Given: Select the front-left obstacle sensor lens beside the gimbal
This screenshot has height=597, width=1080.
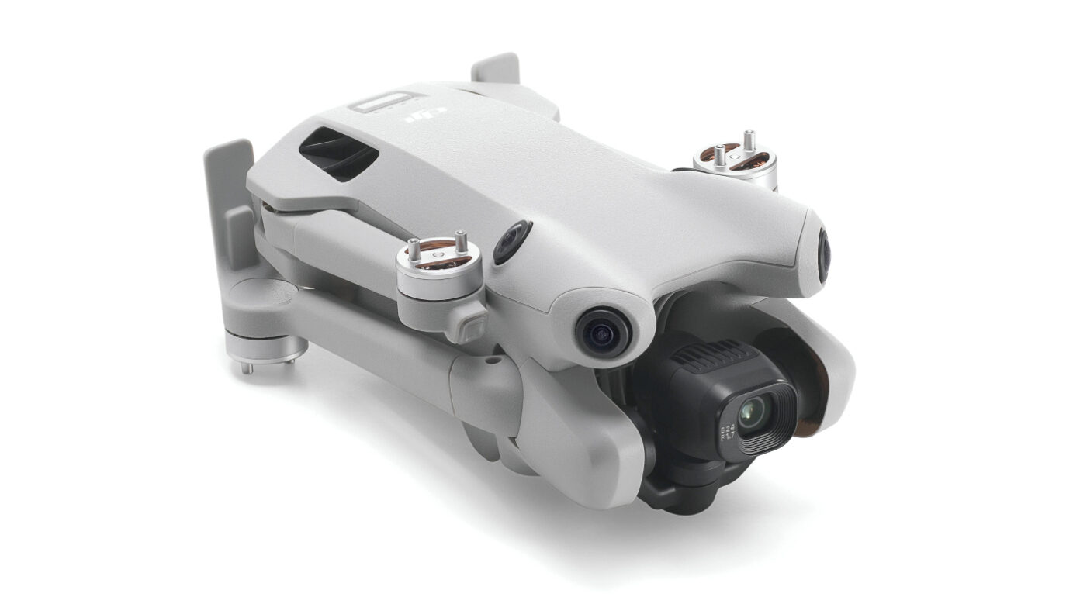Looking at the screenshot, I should (598, 330).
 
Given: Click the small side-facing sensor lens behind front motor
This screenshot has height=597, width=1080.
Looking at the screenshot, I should (511, 241).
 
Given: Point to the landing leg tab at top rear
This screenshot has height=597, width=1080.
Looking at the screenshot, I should (495, 69).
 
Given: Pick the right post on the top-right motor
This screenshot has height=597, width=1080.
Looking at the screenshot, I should (749, 142).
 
